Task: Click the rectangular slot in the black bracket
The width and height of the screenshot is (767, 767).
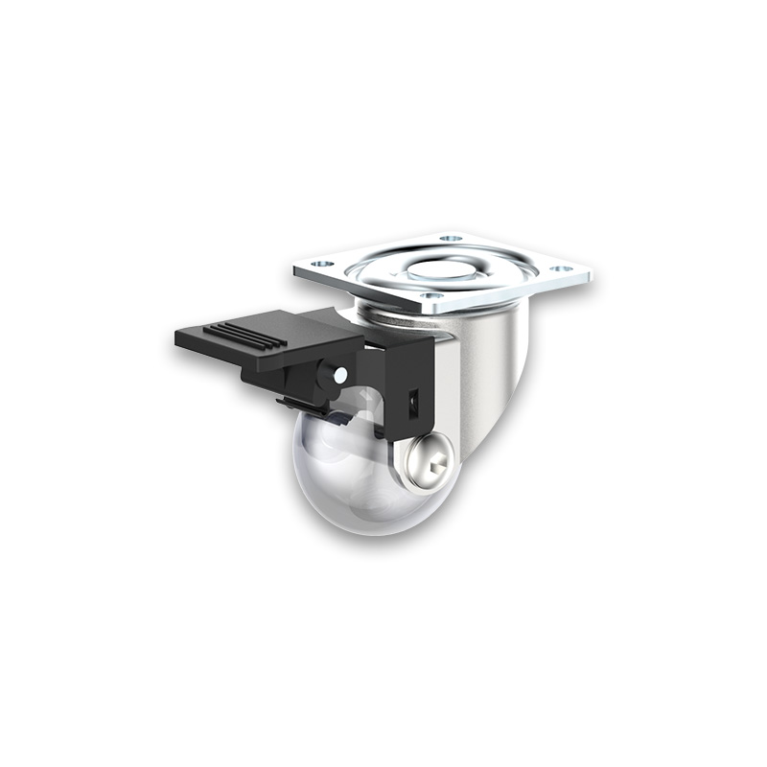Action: (x=415, y=402)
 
